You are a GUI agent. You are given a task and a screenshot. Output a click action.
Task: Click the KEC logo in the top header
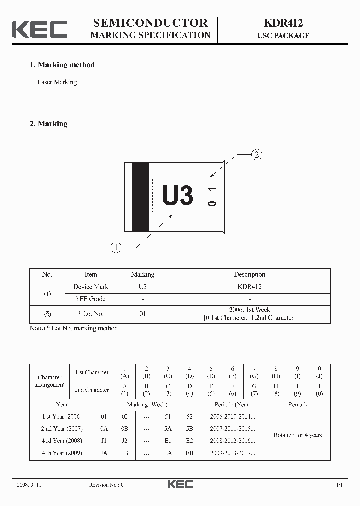pyautogui.click(x=39, y=29)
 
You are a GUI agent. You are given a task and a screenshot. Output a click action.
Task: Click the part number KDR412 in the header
pyautogui.click(x=283, y=23)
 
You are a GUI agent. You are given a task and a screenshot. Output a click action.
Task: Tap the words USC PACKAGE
pyautogui.click(x=283, y=36)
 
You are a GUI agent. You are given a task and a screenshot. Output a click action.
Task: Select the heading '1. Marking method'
pyautogui.click(x=62, y=65)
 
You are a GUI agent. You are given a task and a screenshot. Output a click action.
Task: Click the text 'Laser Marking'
pyautogui.click(x=57, y=82)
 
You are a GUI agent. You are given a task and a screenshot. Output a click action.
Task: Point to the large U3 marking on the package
pyautogui.click(x=177, y=196)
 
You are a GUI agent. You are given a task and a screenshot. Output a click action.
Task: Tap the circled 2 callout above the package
pyautogui.click(x=256, y=154)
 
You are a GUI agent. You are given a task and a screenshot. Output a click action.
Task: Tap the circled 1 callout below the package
pyautogui.click(x=115, y=247)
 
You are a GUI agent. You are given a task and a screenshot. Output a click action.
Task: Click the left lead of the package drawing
pyautogui.click(x=110, y=197)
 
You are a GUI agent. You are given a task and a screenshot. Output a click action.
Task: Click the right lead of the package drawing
pyautogui.click(x=237, y=197)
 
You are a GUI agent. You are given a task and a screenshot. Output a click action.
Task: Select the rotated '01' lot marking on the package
pyautogui.click(x=212, y=196)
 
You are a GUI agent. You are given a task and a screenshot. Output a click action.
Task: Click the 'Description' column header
pyautogui.click(x=249, y=274)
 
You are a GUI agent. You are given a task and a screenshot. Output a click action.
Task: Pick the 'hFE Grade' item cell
pyautogui.click(x=90, y=299)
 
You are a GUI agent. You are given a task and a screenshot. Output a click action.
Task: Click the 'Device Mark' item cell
pyautogui.click(x=90, y=287)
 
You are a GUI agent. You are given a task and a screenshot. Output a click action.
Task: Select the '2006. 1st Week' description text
pyautogui.click(x=249, y=310)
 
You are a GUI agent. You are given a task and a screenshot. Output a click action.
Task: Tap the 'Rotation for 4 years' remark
pyautogui.click(x=297, y=435)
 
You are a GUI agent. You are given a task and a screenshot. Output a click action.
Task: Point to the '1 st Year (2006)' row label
pyautogui.click(x=62, y=416)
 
